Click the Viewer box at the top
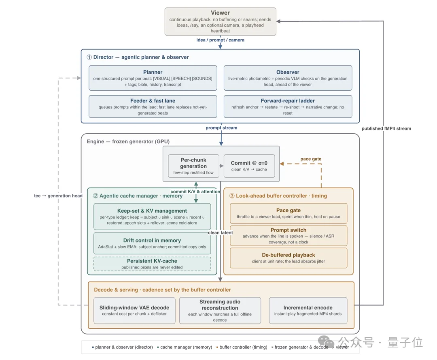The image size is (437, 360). click(220, 21)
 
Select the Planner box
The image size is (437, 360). click(153, 78)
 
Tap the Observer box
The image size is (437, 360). click(288, 78)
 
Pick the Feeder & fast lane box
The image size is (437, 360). click(153, 107)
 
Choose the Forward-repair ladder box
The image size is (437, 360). click(288, 107)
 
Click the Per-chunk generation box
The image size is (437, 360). click(193, 166)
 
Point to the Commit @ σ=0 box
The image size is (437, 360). click(249, 166)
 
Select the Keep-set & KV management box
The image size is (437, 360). click(152, 216)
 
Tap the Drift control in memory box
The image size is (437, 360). click(152, 243)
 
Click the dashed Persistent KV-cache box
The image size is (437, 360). click(152, 264)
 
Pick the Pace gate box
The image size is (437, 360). click(289, 213)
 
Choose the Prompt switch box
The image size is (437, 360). click(289, 236)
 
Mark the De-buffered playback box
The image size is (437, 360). click(289, 258)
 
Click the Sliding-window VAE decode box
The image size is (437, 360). click(134, 310)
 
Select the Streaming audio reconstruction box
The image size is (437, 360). click(220, 310)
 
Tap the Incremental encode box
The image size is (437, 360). click(308, 310)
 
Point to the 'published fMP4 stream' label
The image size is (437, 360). click(386, 128)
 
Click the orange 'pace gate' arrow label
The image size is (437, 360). click(311, 159)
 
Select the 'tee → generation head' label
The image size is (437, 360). click(58, 196)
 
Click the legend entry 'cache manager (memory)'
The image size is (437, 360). click(185, 347)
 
